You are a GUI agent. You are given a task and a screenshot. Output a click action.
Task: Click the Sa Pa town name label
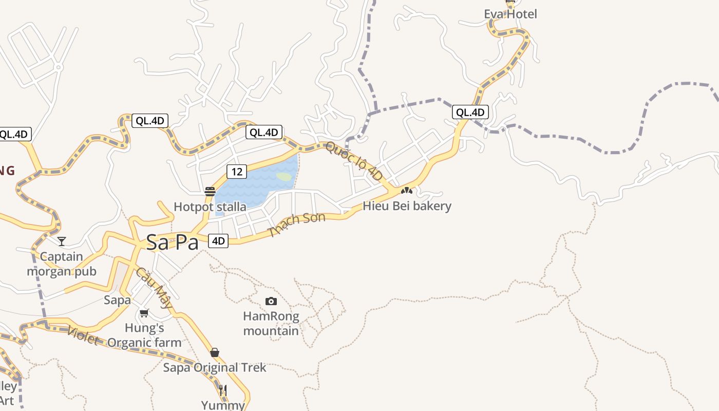click(x=172, y=242)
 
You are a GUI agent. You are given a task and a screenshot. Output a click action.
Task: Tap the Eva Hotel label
click(x=510, y=14)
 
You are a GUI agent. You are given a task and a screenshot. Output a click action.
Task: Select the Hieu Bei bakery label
click(x=407, y=206)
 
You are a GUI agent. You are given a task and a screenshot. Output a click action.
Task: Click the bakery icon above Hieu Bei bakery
click(x=407, y=191)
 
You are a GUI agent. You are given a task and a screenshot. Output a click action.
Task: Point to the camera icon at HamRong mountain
click(x=271, y=301)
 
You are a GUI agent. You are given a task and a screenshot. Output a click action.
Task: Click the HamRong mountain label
click(x=271, y=323)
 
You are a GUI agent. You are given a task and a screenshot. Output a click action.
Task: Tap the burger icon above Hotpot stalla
click(x=210, y=192)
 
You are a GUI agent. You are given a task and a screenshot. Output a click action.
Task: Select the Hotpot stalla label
click(x=210, y=207)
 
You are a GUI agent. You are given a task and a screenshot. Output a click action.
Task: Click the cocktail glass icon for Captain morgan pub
click(x=62, y=241)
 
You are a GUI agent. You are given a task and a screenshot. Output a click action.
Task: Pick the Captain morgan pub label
click(x=62, y=264)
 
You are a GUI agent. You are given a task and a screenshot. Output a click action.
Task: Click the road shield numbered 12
click(x=236, y=171)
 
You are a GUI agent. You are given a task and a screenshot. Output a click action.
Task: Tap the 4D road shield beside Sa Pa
click(x=219, y=240)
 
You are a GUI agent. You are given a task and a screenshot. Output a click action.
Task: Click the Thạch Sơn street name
click(x=297, y=225)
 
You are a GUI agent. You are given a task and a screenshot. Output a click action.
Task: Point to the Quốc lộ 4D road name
click(x=354, y=160)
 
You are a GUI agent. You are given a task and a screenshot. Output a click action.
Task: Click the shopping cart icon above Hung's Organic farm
click(x=144, y=313)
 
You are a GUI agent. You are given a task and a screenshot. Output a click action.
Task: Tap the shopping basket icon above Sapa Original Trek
click(x=215, y=352)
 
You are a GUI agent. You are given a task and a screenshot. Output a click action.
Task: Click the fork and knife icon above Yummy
click(x=222, y=390)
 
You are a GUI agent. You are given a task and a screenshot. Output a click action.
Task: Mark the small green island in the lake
click(x=284, y=177)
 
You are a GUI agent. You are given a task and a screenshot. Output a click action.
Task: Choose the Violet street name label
click(x=82, y=335)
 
